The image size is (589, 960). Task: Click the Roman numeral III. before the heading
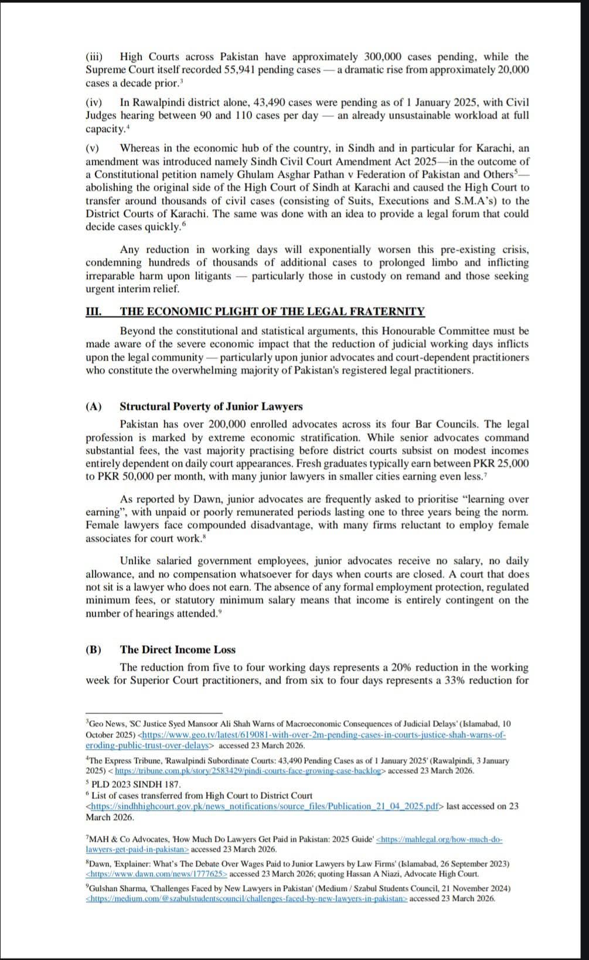tap(93, 312)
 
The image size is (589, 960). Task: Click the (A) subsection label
tap(93, 407)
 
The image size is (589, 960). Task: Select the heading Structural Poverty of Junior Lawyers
tap(211, 407)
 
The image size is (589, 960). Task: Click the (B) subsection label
tap(93, 649)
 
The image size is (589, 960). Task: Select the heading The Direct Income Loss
tap(178, 649)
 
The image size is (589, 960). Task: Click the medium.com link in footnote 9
tap(246, 898)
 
